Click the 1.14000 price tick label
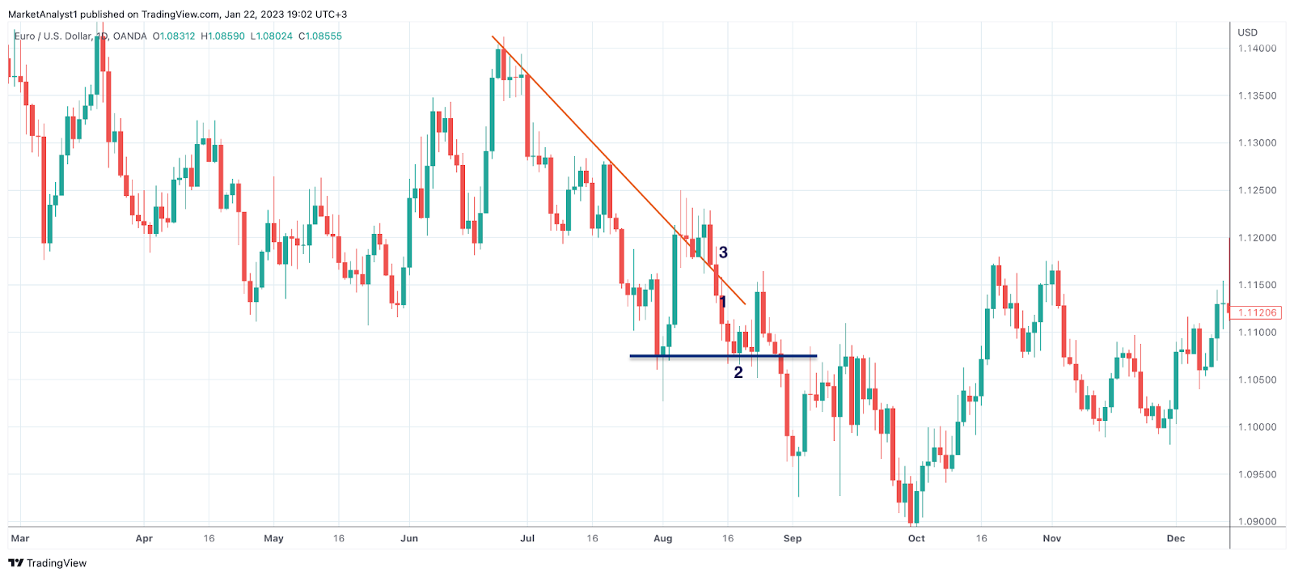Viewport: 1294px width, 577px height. pos(1257,49)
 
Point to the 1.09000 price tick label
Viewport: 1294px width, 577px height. pos(1257,522)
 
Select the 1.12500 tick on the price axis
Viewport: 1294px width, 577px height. pos(1257,191)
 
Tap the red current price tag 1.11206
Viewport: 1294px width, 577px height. pos(1257,312)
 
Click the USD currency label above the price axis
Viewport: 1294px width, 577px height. pos(1248,32)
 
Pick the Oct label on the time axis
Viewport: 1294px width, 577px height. pos(916,538)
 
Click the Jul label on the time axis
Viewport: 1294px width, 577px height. pos(527,538)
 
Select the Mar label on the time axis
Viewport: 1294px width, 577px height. pos(20,538)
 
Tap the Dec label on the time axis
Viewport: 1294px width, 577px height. pos(1175,538)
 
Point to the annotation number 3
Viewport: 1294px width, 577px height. pos(723,252)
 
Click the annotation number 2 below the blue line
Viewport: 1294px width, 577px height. pos(738,372)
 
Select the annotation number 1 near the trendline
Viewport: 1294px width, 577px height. pos(723,303)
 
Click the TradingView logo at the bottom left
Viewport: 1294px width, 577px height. pos(48,563)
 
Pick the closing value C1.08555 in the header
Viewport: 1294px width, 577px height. pos(320,36)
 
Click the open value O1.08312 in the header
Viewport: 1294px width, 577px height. pos(173,36)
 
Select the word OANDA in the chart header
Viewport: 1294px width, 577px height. pos(130,36)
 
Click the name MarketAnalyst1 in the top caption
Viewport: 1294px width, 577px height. pos(42,15)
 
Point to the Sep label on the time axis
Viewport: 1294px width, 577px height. pos(793,538)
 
